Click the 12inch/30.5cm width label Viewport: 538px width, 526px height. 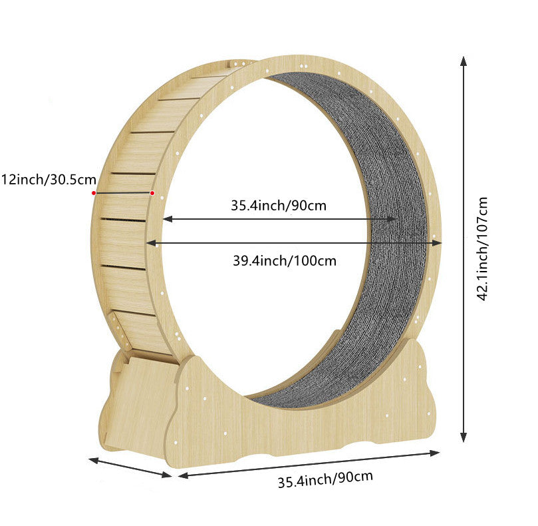click(49, 180)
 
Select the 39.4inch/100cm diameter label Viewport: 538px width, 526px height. click(284, 260)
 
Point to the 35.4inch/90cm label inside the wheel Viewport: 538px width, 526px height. click(279, 205)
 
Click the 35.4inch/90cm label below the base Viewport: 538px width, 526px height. click(325, 479)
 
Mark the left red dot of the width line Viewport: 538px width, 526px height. click(94, 193)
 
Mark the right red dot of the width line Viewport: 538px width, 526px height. click(152, 193)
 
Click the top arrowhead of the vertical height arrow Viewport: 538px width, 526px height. click(464, 61)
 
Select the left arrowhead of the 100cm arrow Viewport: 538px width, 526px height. click(150, 243)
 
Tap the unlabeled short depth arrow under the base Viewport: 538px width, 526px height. click(130, 467)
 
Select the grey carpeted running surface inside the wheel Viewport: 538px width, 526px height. click(392, 266)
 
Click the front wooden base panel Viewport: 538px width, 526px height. click(299, 426)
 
